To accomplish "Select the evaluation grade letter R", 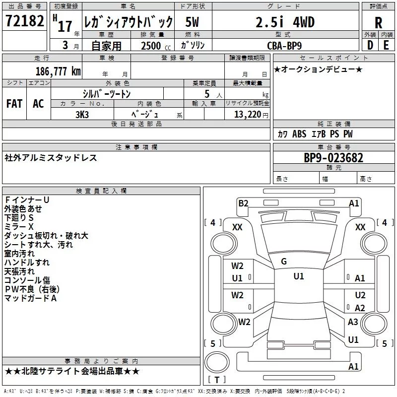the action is [379, 22].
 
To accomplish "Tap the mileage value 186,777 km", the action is [58, 71].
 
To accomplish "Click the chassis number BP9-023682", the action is [333, 158].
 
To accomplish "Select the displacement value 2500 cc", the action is [151, 45].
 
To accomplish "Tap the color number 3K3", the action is [82, 114].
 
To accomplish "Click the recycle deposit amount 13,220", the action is [244, 114].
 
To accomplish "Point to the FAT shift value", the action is [14, 104].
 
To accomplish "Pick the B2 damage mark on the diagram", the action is [243, 203].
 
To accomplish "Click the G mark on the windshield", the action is [283, 261].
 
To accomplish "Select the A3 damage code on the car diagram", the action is [353, 322].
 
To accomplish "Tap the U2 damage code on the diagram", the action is [360, 295].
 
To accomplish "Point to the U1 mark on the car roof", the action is [298, 276].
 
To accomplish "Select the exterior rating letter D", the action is [370, 45].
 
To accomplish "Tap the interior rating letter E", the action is [386, 45].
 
